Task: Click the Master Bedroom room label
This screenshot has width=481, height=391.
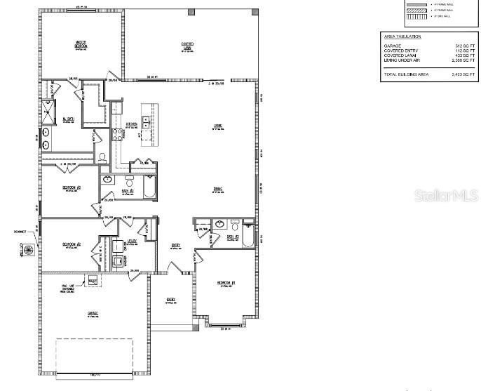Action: tap(81, 45)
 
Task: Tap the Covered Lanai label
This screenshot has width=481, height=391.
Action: tap(187, 46)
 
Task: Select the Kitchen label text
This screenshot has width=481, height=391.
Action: tap(131, 125)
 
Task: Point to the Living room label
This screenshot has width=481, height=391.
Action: tap(218, 127)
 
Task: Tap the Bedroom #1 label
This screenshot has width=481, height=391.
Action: tap(227, 284)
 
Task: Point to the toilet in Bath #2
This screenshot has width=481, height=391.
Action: tap(129, 183)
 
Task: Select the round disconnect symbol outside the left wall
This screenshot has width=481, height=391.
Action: tap(29, 249)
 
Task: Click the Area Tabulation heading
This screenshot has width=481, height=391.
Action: tap(402, 36)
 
